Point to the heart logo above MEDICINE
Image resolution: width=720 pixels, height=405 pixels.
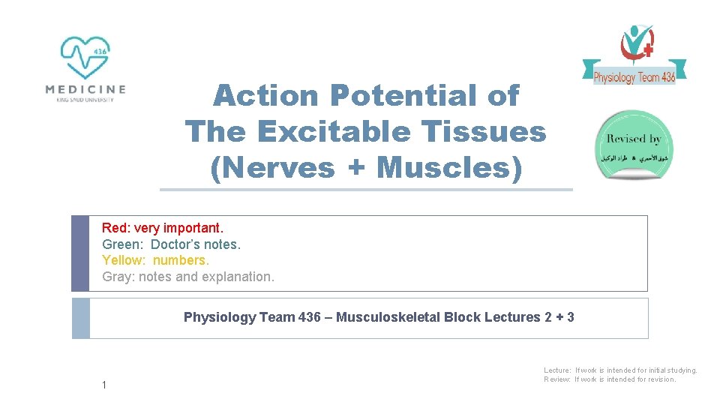tap(85, 57)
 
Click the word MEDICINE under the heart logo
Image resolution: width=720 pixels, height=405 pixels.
tap(85, 88)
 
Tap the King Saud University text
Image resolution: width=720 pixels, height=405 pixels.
tap(85, 100)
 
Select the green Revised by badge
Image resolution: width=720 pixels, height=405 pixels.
tap(634, 145)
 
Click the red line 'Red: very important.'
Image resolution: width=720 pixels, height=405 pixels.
tap(163, 227)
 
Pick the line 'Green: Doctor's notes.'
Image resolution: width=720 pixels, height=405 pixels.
tap(172, 244)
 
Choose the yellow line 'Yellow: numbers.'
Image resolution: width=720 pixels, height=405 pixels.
tap(156, 260)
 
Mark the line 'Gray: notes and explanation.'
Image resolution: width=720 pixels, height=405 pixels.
tap(188, 277)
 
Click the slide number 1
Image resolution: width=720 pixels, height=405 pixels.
tap(105, 385)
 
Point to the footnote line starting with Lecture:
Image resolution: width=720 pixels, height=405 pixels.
tap(620, 370)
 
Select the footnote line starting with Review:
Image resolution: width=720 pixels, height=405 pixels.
tap(610, 379)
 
